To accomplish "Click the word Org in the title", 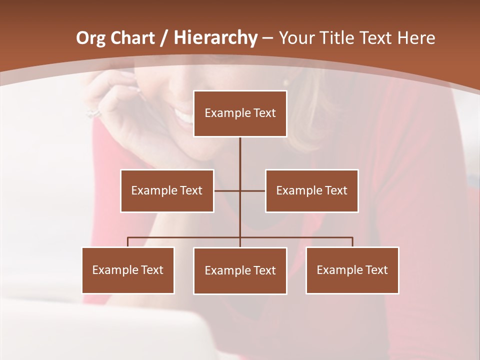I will tap(90, 38).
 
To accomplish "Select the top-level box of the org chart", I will tap(240, 113).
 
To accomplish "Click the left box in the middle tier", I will tap(167, 190).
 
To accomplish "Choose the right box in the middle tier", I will tap(311, 190).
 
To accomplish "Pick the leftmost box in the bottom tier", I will tap(128, 270).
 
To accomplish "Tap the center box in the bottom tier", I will tap(240, 270).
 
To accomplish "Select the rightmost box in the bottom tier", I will tap(352, 270).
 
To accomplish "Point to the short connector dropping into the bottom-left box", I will tap(128, 242).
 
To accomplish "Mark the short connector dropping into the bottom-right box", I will tap(352, 242).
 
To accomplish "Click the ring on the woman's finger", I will tap(93, 112).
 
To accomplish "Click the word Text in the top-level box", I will tap(264, 113).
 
